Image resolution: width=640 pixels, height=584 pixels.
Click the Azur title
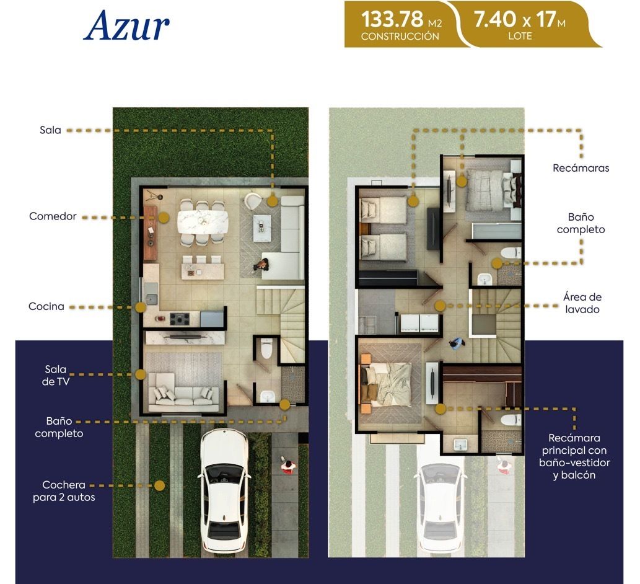(126, 25)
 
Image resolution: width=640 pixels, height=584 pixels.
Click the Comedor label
(53, 216)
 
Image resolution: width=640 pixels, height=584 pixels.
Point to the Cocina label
(46, 306)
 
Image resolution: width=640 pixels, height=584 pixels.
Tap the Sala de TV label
(56, 375)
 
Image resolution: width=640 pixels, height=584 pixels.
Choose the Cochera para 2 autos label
(64, 491)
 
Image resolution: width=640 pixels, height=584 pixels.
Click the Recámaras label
(581, 168)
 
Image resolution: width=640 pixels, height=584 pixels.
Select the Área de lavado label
(582, 303)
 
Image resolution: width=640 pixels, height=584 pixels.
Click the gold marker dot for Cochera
(160, 485)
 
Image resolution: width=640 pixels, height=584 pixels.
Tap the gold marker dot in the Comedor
(164, 218)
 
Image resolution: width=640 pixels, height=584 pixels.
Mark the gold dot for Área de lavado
(440, 306)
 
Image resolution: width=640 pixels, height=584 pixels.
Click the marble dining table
(203, 222)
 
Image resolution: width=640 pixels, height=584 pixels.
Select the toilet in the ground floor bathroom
(266, 348)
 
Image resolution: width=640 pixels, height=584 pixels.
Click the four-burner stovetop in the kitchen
(179, 319)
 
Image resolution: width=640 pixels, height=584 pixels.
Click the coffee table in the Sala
(261, 228)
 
